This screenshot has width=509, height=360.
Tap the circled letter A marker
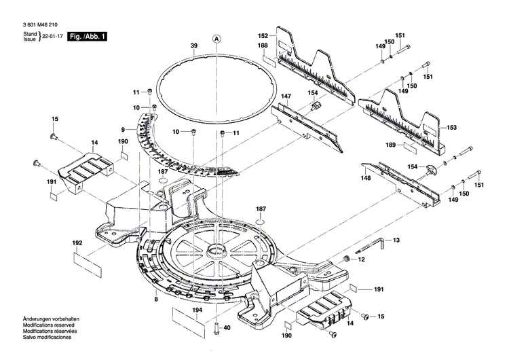click(217, 39)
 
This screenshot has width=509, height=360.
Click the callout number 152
click(263, 35)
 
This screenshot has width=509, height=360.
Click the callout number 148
click(366, 178)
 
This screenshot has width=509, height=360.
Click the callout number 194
click(197, 310)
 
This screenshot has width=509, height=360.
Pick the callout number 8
click(156, 299)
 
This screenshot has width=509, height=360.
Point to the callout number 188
click(262, 46)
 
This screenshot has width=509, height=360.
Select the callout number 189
click(390, 145)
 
